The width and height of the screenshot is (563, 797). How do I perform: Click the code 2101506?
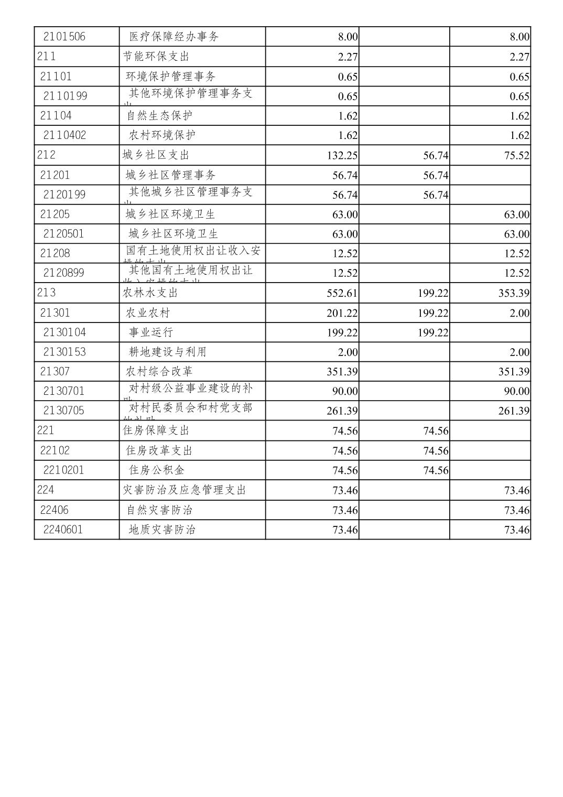click(64, 37)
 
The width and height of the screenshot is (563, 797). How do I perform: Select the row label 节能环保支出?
click(156, 56)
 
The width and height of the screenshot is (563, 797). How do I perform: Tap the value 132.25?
click(342, 156)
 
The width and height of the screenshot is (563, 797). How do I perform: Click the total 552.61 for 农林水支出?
click(342, 293)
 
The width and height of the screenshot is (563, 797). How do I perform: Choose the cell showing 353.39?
click(514, 293)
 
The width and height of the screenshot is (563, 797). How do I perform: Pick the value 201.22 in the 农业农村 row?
click(342, 313)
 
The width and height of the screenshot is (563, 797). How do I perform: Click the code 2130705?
click(63, 411)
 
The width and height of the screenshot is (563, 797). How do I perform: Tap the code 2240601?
click(63, 530)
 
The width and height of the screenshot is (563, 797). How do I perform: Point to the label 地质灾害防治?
click(162, 530)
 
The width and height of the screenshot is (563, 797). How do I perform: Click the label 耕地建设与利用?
click(168, 352)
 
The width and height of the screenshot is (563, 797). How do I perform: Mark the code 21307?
click(55, 372)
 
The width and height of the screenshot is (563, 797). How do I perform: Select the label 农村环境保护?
click(162, 135)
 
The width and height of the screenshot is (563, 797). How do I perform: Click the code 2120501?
click(63, 234)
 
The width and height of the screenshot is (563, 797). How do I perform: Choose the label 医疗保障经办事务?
click(174, 37)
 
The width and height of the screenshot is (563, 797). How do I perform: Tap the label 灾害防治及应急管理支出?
click(184, 490)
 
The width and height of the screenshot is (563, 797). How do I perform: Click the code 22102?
click(55, 450)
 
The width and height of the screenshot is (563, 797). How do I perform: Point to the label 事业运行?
click(151, 332)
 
